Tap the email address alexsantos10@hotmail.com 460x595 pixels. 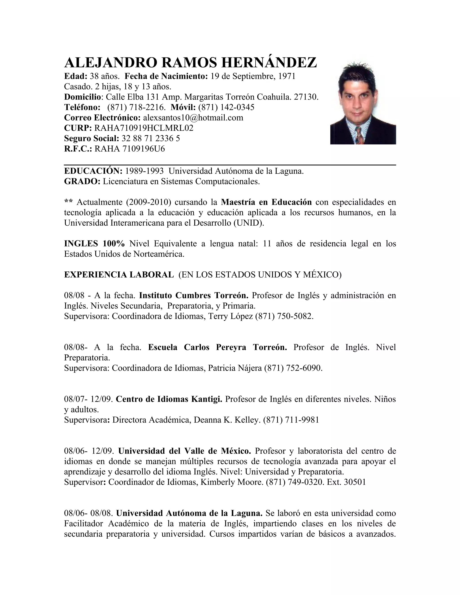point(193,118)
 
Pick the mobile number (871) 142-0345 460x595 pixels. point(226,107)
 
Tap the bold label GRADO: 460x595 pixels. point(82,181)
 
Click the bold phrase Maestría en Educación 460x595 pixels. point(266,202)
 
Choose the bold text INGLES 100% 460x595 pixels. point(94,244)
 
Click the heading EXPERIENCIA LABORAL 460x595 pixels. point(119,275)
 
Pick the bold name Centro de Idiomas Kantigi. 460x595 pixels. point(169,399)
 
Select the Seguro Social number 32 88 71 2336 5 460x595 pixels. point(151,138)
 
